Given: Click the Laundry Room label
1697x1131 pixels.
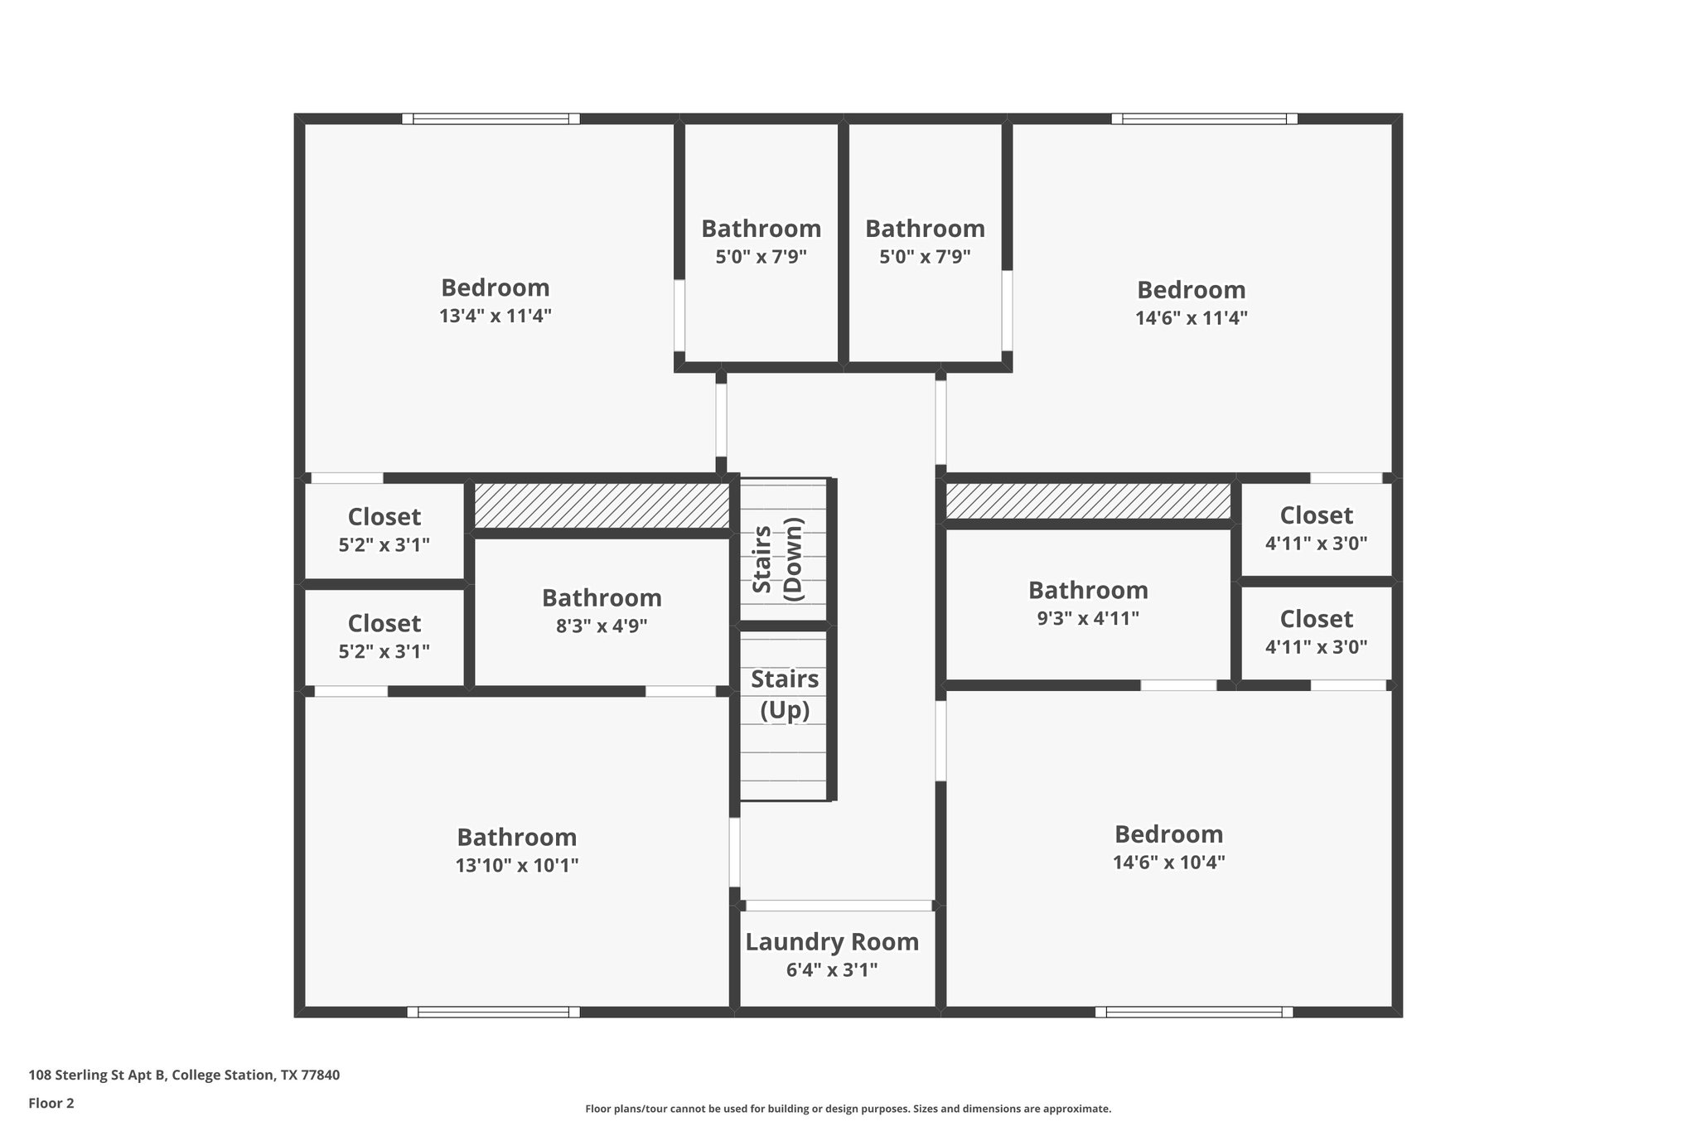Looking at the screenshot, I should [832, 942].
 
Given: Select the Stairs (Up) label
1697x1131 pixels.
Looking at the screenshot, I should [785, 694].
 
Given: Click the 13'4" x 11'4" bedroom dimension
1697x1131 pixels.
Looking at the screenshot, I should [496, 316].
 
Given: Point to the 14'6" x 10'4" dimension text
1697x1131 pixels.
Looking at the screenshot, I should [1168, 863].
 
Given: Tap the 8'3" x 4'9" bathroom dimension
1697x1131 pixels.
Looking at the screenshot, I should [602, 626].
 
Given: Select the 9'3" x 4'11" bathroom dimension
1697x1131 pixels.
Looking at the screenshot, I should [1088, 618].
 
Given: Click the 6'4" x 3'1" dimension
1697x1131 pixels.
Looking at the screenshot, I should [832, 970].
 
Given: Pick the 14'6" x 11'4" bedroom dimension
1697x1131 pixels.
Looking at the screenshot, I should [1191, 318].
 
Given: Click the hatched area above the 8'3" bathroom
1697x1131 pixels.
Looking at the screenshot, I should [602, 506].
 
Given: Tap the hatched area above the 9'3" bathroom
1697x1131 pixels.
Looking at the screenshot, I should [1088, 502].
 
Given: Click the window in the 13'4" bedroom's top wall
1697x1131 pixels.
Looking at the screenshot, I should [491, 119].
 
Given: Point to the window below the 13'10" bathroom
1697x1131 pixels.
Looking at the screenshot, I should [493, 1012].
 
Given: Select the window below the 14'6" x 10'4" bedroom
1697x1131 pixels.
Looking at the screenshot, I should [1193, 1012].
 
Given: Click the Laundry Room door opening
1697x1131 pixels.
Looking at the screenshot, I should [839, 906].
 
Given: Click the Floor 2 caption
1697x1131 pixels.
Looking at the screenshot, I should [51, 1103].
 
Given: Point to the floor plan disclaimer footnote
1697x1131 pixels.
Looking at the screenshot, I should [848, 1109].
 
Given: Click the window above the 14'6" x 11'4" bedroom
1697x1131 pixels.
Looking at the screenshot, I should [1204, 119].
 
